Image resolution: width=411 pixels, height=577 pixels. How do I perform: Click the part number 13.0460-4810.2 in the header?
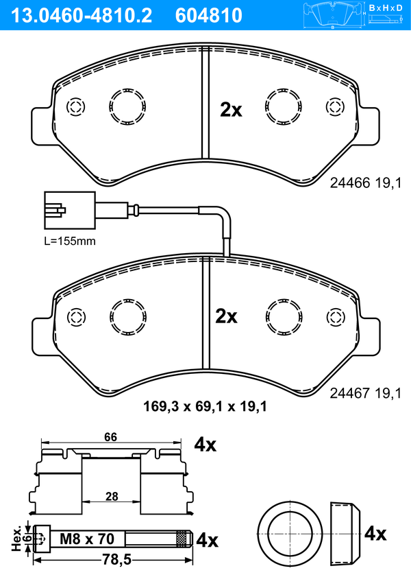tap(81, 15)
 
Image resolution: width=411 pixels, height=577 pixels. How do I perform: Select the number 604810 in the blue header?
tap(209, 15)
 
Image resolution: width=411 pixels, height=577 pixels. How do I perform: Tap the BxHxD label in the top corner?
tap(386, 8)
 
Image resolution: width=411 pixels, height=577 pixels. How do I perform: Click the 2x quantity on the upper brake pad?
tap(231, 109)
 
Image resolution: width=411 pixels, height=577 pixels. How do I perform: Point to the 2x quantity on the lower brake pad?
tap(226, 316)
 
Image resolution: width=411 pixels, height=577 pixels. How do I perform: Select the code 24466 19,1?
tap(366, 182)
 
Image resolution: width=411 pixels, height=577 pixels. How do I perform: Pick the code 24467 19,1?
tap(366, 393)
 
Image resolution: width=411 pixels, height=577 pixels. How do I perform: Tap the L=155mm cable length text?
tap(70, 241)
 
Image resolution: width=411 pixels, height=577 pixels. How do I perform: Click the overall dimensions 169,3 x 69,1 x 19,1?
tap(205, 407)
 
